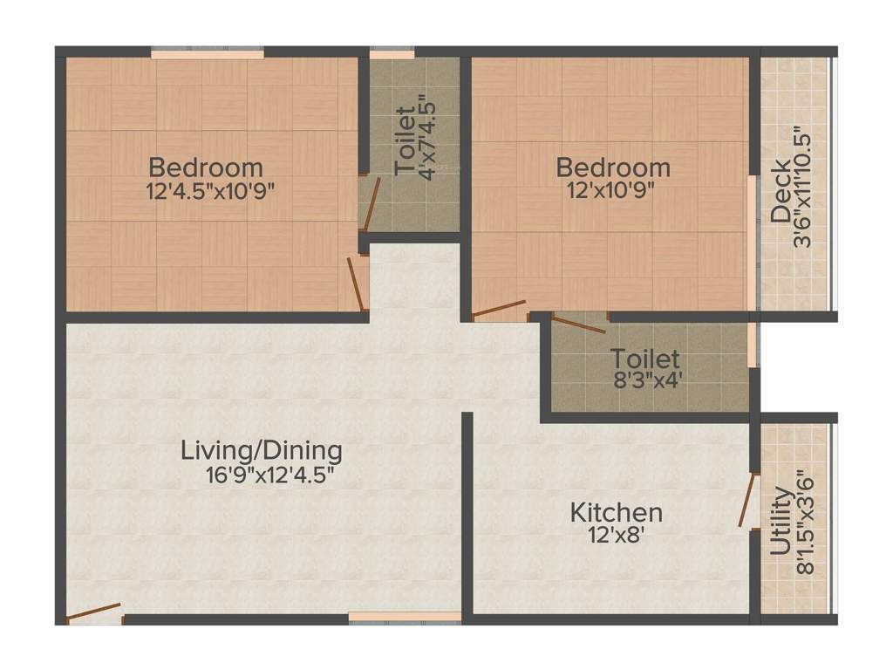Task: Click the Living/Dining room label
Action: pos(261,451)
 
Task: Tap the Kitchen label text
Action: pos(616,512)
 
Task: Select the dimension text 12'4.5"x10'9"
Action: pos(211,190)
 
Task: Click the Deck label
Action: pos(781,189)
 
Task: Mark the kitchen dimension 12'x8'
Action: pos(616,535)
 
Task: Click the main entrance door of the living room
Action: pos(94,612)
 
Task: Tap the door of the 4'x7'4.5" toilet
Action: pos(372,202)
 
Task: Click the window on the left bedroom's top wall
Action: pos(207,54)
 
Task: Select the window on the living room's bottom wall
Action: pos(405,618)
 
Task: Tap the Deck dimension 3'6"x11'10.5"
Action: pos(803,189)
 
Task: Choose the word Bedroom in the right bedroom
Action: pos(613,167)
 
